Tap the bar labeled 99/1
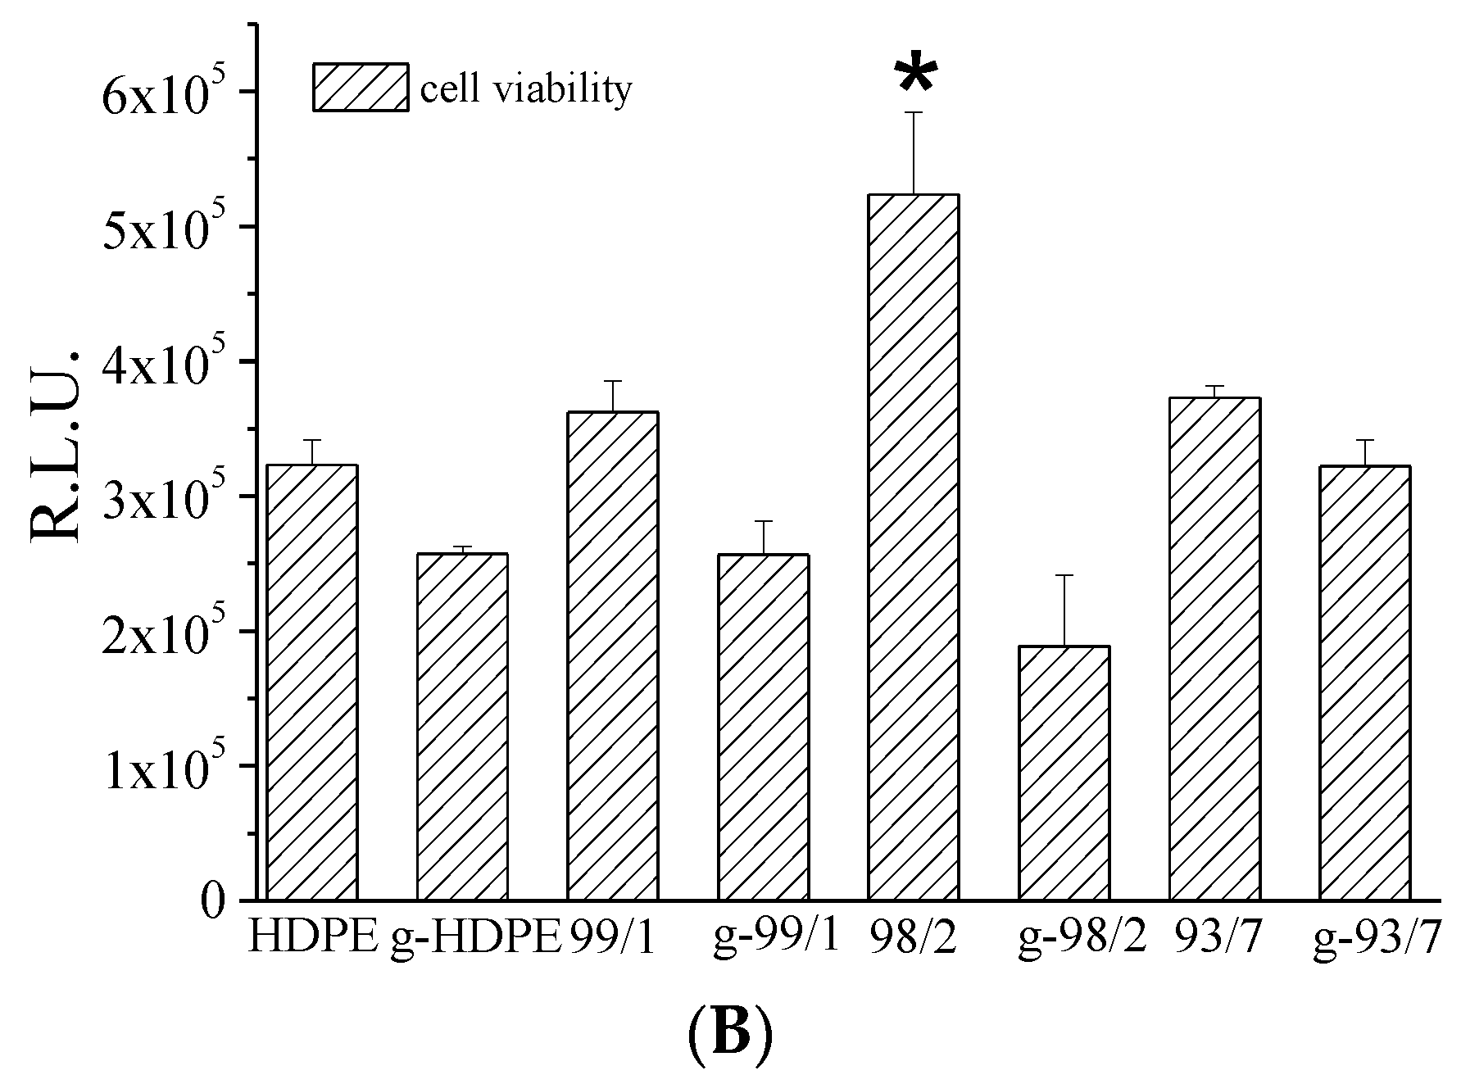613,655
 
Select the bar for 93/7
1214,648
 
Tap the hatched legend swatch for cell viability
361,87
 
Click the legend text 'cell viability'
526,88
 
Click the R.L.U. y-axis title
57,446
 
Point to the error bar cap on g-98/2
1064,575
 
